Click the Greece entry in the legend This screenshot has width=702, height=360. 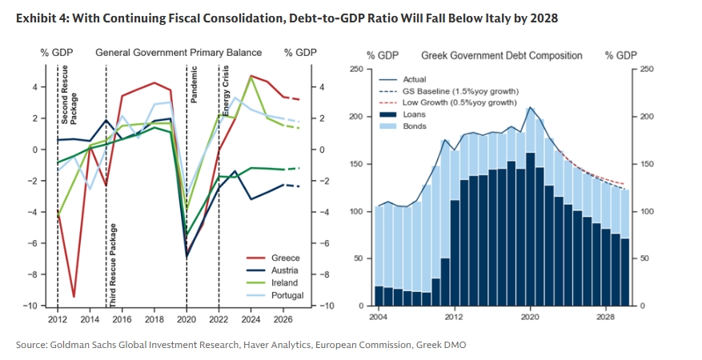tap(285, 258)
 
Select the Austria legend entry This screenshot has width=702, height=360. tap(285, 270)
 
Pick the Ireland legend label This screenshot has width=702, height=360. tap(285, 282)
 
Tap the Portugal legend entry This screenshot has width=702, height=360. tap(287, 295)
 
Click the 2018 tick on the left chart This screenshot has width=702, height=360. tap(154, 320)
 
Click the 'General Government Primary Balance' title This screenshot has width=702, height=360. tap(179, 53)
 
